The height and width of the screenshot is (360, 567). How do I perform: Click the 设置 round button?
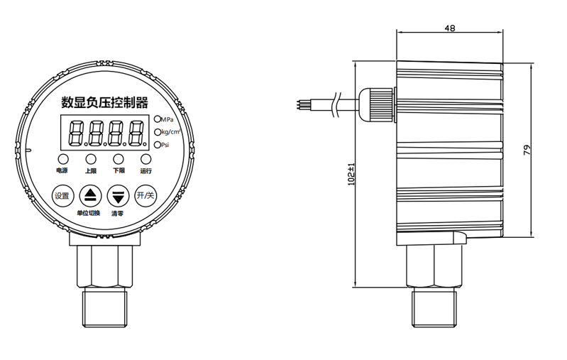[x=62, y=196]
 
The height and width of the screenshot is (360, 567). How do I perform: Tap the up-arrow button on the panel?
[x=90, y=196]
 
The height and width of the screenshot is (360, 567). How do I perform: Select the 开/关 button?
[x=145, y=196]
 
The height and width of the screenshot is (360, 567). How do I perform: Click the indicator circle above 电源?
[x=63, y=159]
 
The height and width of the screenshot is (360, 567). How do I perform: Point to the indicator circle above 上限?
[x=91, y=159]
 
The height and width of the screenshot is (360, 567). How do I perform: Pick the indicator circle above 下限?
[x=119, y=159]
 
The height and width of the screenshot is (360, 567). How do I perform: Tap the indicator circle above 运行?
[x=146, y=159]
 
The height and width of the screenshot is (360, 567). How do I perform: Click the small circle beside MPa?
[x=158, y=119]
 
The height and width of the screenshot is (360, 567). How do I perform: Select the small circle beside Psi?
[x=158, y=145]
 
